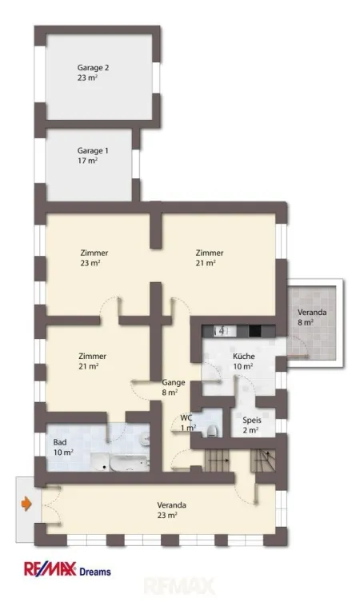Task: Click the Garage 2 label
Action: click(93, 73)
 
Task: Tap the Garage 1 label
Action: click(93, 155)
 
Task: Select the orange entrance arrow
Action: click(26, 504)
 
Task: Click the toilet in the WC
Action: click(212, 431)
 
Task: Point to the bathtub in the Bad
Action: click(129, 464)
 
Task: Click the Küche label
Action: click(243, 361)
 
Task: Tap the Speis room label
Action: click(252, 425)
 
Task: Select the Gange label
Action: click(174, 387)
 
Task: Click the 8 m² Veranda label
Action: click(311, 317)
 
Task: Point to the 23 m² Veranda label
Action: click(171, 510)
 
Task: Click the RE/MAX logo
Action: click(50, 569)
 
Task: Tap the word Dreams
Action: click(95, 572)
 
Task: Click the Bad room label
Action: click(63, 447)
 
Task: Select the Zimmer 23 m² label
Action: click(94, 257)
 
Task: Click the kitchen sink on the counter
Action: click(221, 330)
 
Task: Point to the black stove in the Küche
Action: click(255, 330)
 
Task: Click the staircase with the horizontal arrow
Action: click(218, 460)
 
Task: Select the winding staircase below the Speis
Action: click(263, 460)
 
